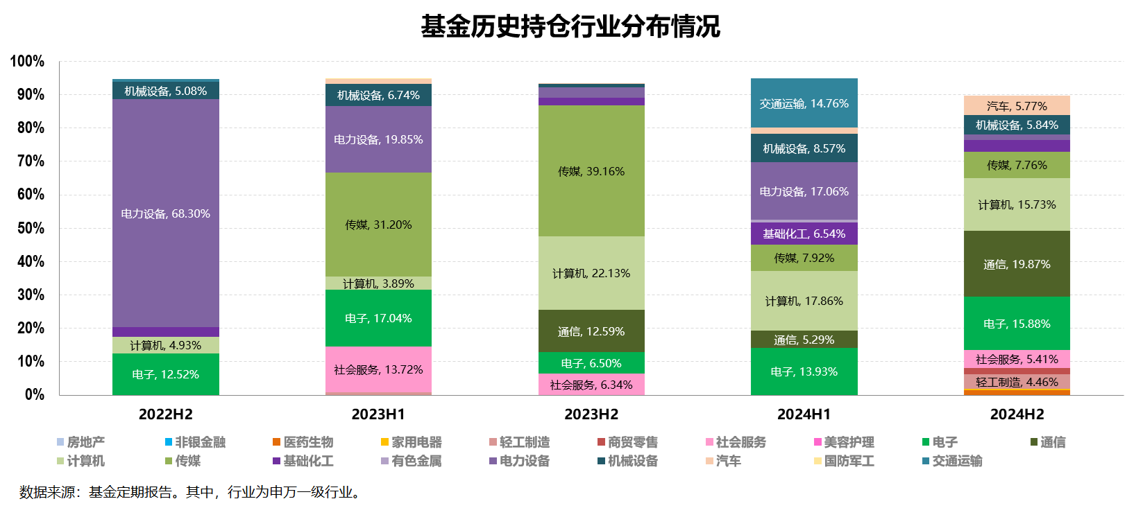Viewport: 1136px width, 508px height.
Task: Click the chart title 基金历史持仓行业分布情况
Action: pyautogui.click(x=570, y=27)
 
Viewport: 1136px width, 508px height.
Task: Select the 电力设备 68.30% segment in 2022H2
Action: pyautogui.click(x=165, y=213)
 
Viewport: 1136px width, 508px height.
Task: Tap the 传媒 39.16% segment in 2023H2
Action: pyautogui.click(x=591, y=171)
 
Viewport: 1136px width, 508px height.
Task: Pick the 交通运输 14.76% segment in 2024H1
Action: pyautogui.click(x=804, y=103)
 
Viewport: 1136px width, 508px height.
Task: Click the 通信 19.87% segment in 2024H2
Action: pyautogui.click(x=1017, y=264)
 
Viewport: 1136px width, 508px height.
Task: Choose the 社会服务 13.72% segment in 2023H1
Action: pyautogui.click(x=378, y=369)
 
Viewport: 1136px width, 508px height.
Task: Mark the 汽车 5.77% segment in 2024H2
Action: pyautogui.click(x=1017, y=106)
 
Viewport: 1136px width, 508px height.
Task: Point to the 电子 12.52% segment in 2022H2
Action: pyautogui.click(x=165, y=374)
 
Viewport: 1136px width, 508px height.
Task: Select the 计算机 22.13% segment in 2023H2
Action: pyautogui.click(x=591, y=273)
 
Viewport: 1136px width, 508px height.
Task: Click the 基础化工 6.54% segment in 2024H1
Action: pyautogui.click(x=804, y=234)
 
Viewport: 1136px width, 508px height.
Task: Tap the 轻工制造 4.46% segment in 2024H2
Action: pyautogui.click(x=1017, y=382)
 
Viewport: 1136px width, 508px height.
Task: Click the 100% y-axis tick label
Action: pyautogui.click(x=28, y=62)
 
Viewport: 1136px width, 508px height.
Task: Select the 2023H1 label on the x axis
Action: pyautogui.click(x=378, y=414)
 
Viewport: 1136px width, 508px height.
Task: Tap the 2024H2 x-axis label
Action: pyautogui.click(x=1017, y=414)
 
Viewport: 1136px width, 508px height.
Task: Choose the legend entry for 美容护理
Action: pyautogui.click(x=848, y=442)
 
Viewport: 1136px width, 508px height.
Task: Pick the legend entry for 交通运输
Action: pyautogui.click(x=956, y=461)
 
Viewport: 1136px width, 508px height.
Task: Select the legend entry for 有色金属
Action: pyautogui.click(x=416, y=461)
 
